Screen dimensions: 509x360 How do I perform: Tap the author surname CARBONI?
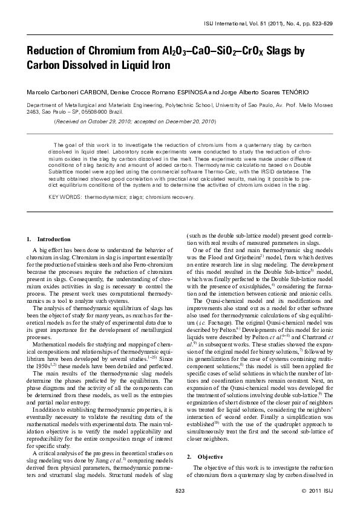[x=94, y=92]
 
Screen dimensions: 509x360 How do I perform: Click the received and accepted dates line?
[x=135, y=121]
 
